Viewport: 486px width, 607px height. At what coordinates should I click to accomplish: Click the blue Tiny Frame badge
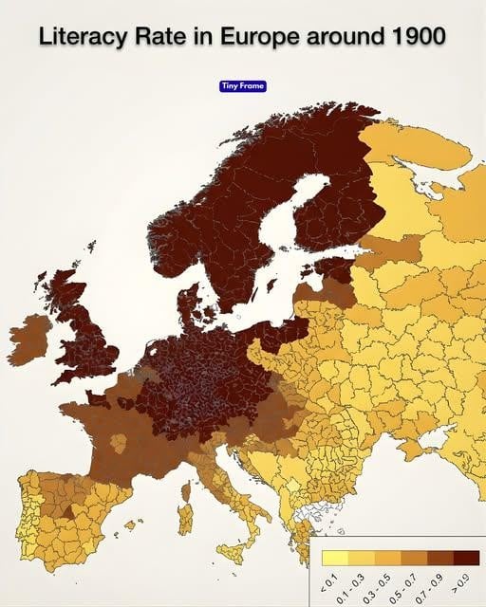click(x=243, y=86)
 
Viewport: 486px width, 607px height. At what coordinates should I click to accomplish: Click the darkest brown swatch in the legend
click(x=466, y=558)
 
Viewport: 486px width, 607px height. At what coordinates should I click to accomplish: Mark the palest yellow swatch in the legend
click(x=335, y=558)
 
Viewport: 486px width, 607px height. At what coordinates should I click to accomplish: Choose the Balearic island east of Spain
click(x=130, y=524)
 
